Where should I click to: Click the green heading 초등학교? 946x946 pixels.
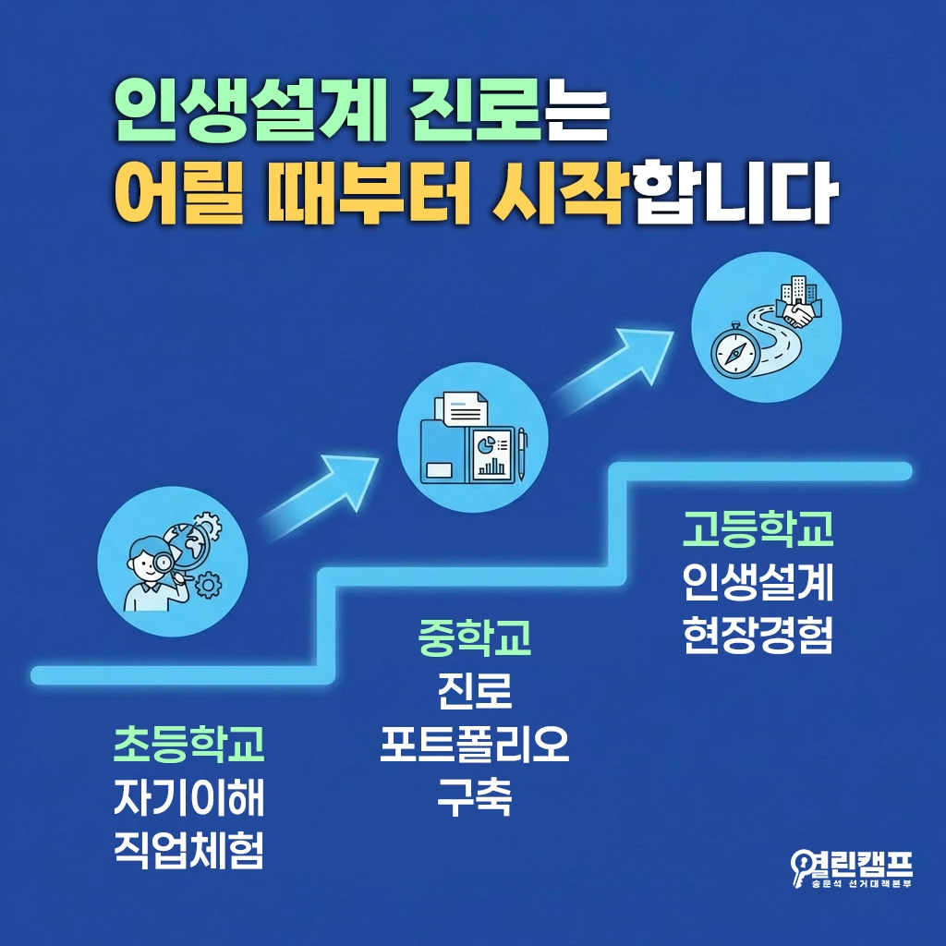[x=189, y=745]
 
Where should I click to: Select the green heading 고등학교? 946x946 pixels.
[x=758, y=528]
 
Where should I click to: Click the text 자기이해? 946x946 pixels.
[x=189, y=798]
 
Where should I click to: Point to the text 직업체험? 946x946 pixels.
[x=189, y=851]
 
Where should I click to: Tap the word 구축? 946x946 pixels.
[x=475, y=796]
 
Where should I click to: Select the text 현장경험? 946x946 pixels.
[x=758, y=635]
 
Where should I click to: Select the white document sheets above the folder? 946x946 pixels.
[x=467, y=406]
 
